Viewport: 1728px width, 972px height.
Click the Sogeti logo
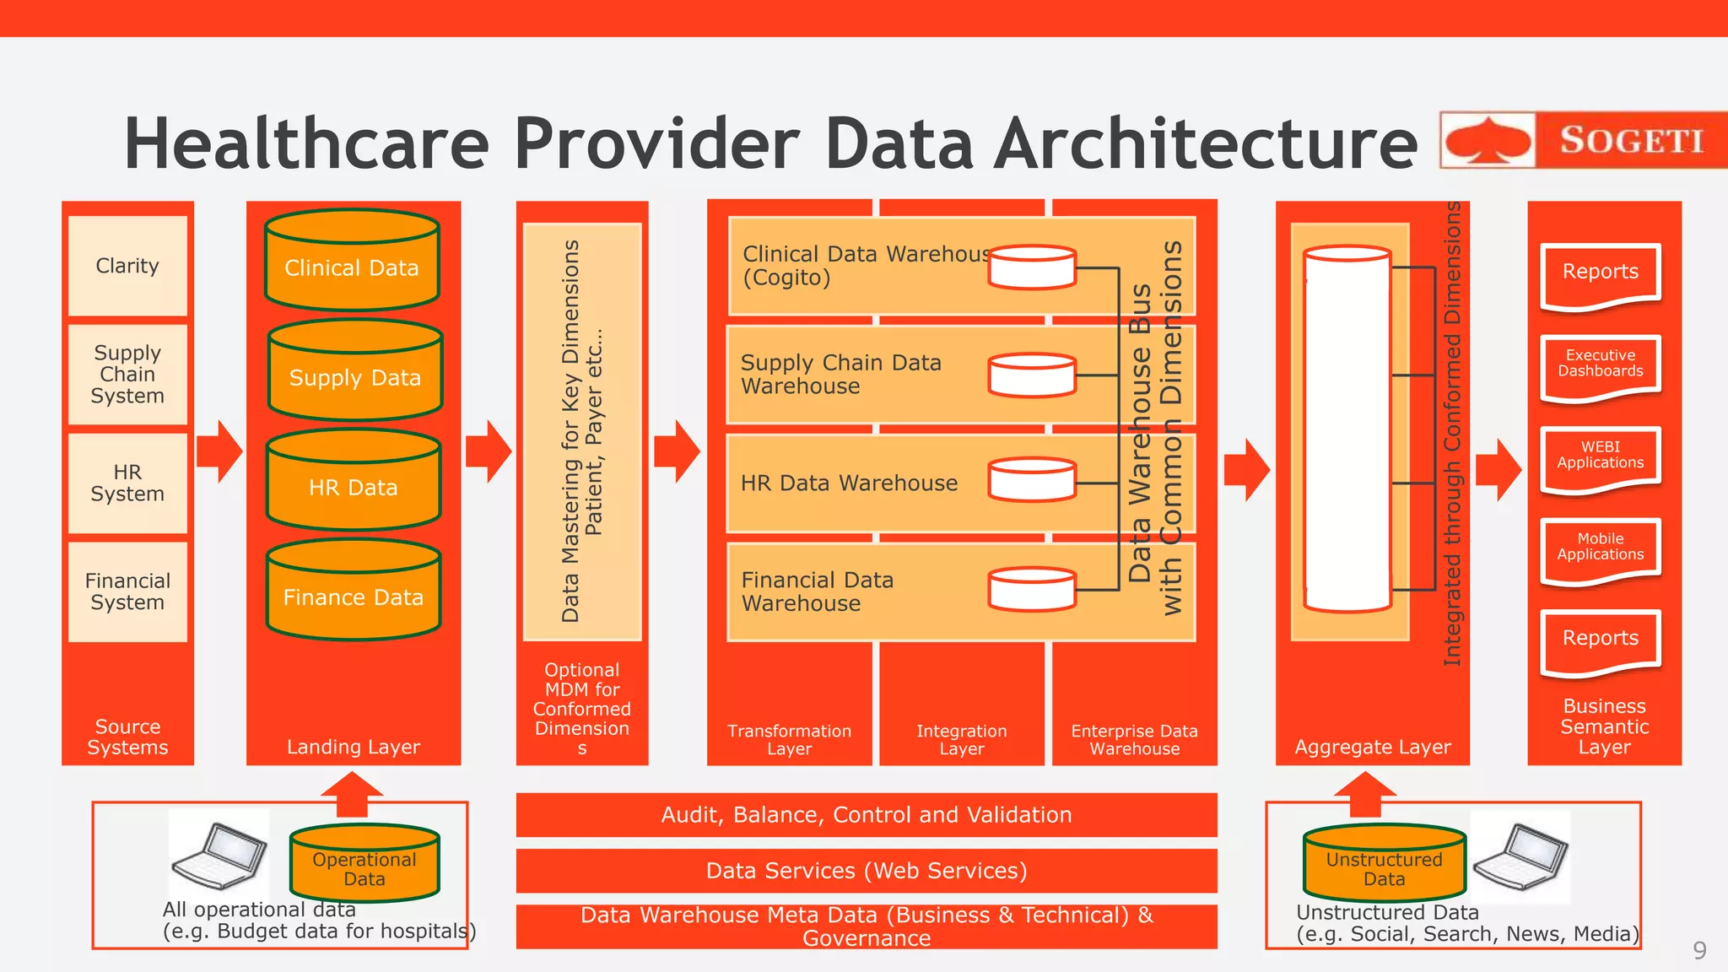[x=1583, y=139]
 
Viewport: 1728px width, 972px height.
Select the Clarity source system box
[x=127, y=266]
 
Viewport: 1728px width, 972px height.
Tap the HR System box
[x=127, y=483]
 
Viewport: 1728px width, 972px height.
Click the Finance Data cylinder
[x=354, y=591]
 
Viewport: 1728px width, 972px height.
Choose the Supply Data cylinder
[x=355, y=371]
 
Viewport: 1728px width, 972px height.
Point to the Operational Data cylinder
[x=364, y=864]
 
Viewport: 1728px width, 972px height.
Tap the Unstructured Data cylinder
[x=1384, y=864]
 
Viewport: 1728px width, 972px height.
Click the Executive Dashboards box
[x=1601, y=366]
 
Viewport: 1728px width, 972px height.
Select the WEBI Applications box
[x=1601, y=457]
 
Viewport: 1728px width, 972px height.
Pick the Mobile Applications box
[x=1601, y=549]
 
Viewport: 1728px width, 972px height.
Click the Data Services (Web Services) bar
[x=867, y=871]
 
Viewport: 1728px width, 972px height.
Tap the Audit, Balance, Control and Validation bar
[x=867, y=815]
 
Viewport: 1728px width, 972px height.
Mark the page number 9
[x=1699, y=951]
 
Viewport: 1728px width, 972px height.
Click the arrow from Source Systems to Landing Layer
[x=219, y=451]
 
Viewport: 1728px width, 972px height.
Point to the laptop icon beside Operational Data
[x=219, y=856]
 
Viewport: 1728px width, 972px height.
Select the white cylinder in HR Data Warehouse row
[x=1032, y=480]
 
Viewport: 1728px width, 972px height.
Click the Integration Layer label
[x=962, y=740]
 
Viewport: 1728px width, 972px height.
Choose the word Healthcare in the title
[x=306, y=143]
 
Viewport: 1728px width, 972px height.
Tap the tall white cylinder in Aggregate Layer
[x=1347, y=429]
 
